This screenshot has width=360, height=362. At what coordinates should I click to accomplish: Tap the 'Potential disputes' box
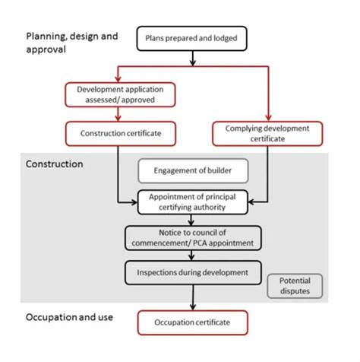[x=295, y=285]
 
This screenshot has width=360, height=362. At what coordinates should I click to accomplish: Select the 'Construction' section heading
[x=54, y=164]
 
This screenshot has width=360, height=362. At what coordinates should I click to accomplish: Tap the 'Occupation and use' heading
[x=69, y=316]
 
